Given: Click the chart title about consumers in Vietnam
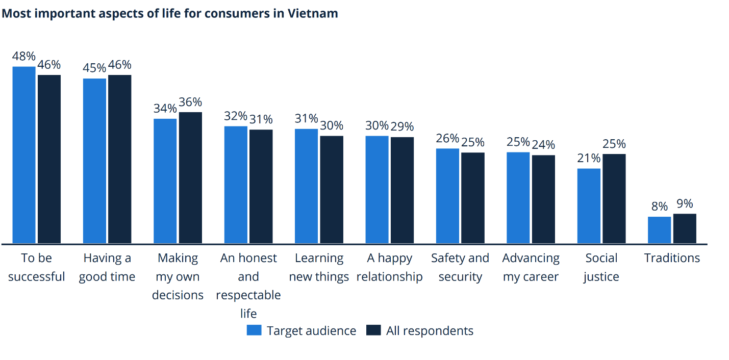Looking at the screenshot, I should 170,13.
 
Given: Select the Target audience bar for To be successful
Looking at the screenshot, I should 24,155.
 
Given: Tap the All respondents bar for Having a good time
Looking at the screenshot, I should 120,159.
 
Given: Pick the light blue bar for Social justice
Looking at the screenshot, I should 589,206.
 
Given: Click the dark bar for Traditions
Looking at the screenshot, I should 685,228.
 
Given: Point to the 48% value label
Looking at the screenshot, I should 24,57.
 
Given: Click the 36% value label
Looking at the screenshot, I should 190,102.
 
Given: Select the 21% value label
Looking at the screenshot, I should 589,159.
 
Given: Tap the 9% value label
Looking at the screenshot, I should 685,204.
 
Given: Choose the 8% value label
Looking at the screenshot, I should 659,207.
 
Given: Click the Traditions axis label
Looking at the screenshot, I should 672,258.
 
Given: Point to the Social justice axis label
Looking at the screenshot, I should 601,267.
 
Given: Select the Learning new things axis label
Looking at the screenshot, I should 319,267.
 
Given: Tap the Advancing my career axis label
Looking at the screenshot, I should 531,267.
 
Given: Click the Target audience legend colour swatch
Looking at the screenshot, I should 254,330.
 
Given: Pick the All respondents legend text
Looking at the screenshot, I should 430,331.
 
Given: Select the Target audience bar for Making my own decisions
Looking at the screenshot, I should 165,181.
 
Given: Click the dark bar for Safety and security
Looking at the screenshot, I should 473,198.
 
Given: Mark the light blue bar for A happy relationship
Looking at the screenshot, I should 377,190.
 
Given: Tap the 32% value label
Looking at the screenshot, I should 236,116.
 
